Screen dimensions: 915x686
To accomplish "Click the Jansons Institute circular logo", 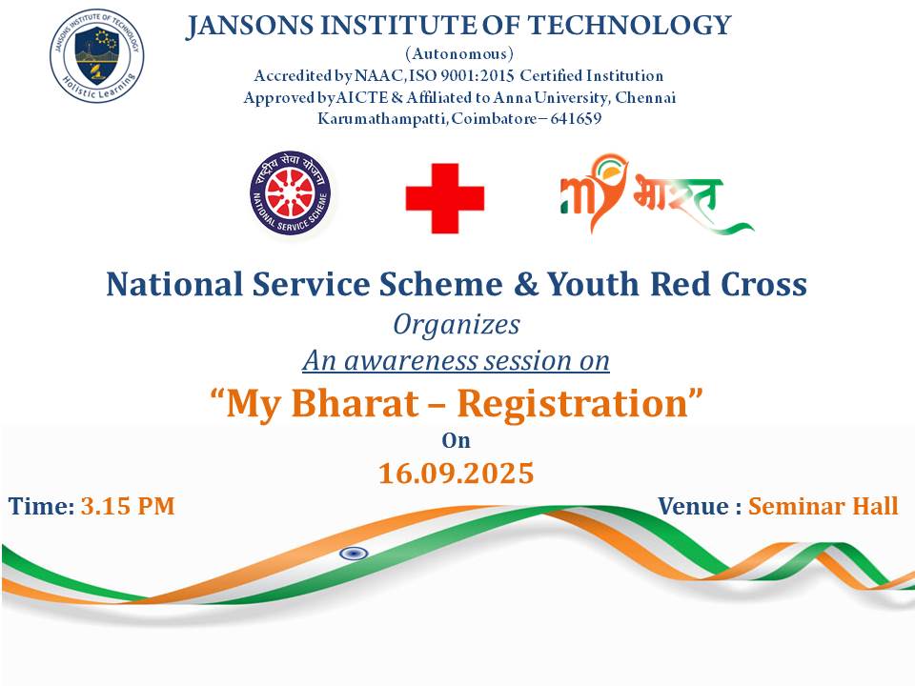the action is point(97,56).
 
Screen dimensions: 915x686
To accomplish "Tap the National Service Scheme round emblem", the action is point(291,192).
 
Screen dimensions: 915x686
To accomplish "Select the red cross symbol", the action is point(445,198).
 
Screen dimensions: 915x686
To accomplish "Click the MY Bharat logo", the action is point(657,193).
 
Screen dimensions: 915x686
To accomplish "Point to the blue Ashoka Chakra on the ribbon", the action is point(354,553).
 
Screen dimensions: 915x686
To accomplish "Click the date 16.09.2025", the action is point(457,473).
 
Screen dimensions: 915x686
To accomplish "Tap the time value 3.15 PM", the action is point(128,506).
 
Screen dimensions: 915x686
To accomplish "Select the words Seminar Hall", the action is point(823,506).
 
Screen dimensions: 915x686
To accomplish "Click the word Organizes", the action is point(457,325).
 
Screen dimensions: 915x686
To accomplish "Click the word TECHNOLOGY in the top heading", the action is point(629,26).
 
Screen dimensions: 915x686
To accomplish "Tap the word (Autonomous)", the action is point(459,53).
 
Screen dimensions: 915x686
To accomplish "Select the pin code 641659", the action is point(576,118).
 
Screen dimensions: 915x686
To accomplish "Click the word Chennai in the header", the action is point(645,97).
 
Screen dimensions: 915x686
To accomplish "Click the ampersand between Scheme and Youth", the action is point(526,284).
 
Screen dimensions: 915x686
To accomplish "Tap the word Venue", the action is point(693,506).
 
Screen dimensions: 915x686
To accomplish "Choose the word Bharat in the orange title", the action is point(355,403).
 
